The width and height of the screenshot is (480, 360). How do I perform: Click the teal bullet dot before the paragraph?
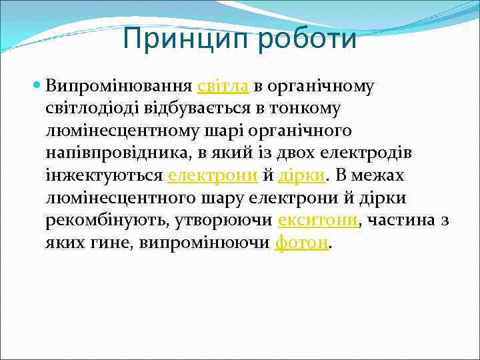tap(37, 86)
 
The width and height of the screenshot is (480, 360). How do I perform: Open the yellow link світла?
tap(223, 86)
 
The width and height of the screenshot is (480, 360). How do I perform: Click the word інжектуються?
tap(104, 176)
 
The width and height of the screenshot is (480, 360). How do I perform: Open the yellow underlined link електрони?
tap(212, 176)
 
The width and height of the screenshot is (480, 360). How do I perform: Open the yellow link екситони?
tap(317, 221)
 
